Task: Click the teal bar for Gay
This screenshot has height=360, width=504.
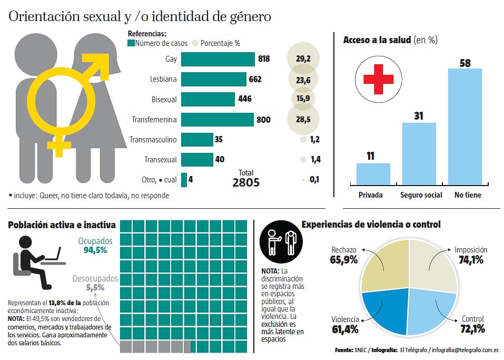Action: point(218,59)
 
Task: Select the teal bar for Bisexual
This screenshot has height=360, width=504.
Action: point(207,99)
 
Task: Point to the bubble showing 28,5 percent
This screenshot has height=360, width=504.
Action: point(303,120)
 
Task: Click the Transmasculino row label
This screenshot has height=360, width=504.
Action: point(153,140)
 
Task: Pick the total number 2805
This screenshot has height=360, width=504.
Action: point(246,182)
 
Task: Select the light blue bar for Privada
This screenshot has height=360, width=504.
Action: point(373,174)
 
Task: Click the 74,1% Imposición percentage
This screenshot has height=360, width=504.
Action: point(471,259)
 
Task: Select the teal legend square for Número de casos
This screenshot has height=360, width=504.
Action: point(131,43)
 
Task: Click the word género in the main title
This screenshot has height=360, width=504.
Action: point(247,17)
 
